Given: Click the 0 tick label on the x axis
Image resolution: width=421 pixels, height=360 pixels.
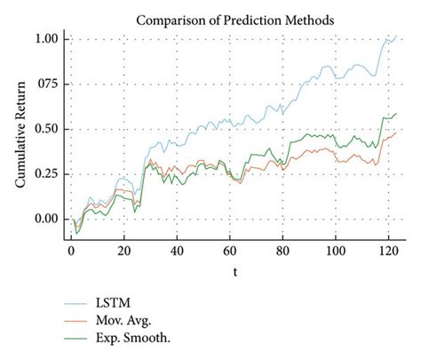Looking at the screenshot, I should click(71, 252).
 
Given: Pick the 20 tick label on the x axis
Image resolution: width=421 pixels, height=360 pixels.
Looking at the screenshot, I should click(124, 252).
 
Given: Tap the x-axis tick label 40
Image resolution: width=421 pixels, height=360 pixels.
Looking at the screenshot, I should click(177, 252).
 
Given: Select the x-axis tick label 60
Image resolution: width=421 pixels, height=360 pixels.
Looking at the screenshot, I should click(230, 252).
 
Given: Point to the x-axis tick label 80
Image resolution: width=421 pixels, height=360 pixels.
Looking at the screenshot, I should click(282, 252).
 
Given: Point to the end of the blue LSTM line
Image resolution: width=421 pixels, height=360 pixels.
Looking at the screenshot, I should click(396, 36).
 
